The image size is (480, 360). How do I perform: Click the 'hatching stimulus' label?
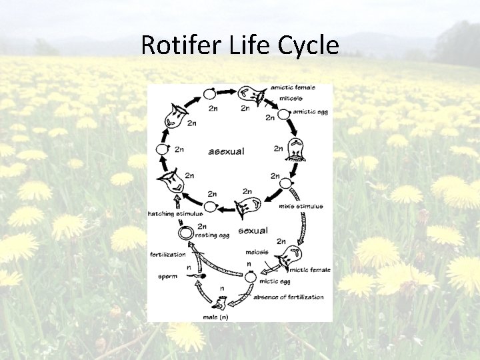point(175,213)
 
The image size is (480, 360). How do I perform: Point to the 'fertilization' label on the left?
point(168,253)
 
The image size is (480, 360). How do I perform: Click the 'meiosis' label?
point(256,252)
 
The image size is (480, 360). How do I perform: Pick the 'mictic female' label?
point(309,269)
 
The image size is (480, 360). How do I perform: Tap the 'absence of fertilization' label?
point(288,297)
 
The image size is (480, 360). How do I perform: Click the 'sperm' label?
point(168,275)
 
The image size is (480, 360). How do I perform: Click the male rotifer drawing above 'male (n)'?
point(219,306)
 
